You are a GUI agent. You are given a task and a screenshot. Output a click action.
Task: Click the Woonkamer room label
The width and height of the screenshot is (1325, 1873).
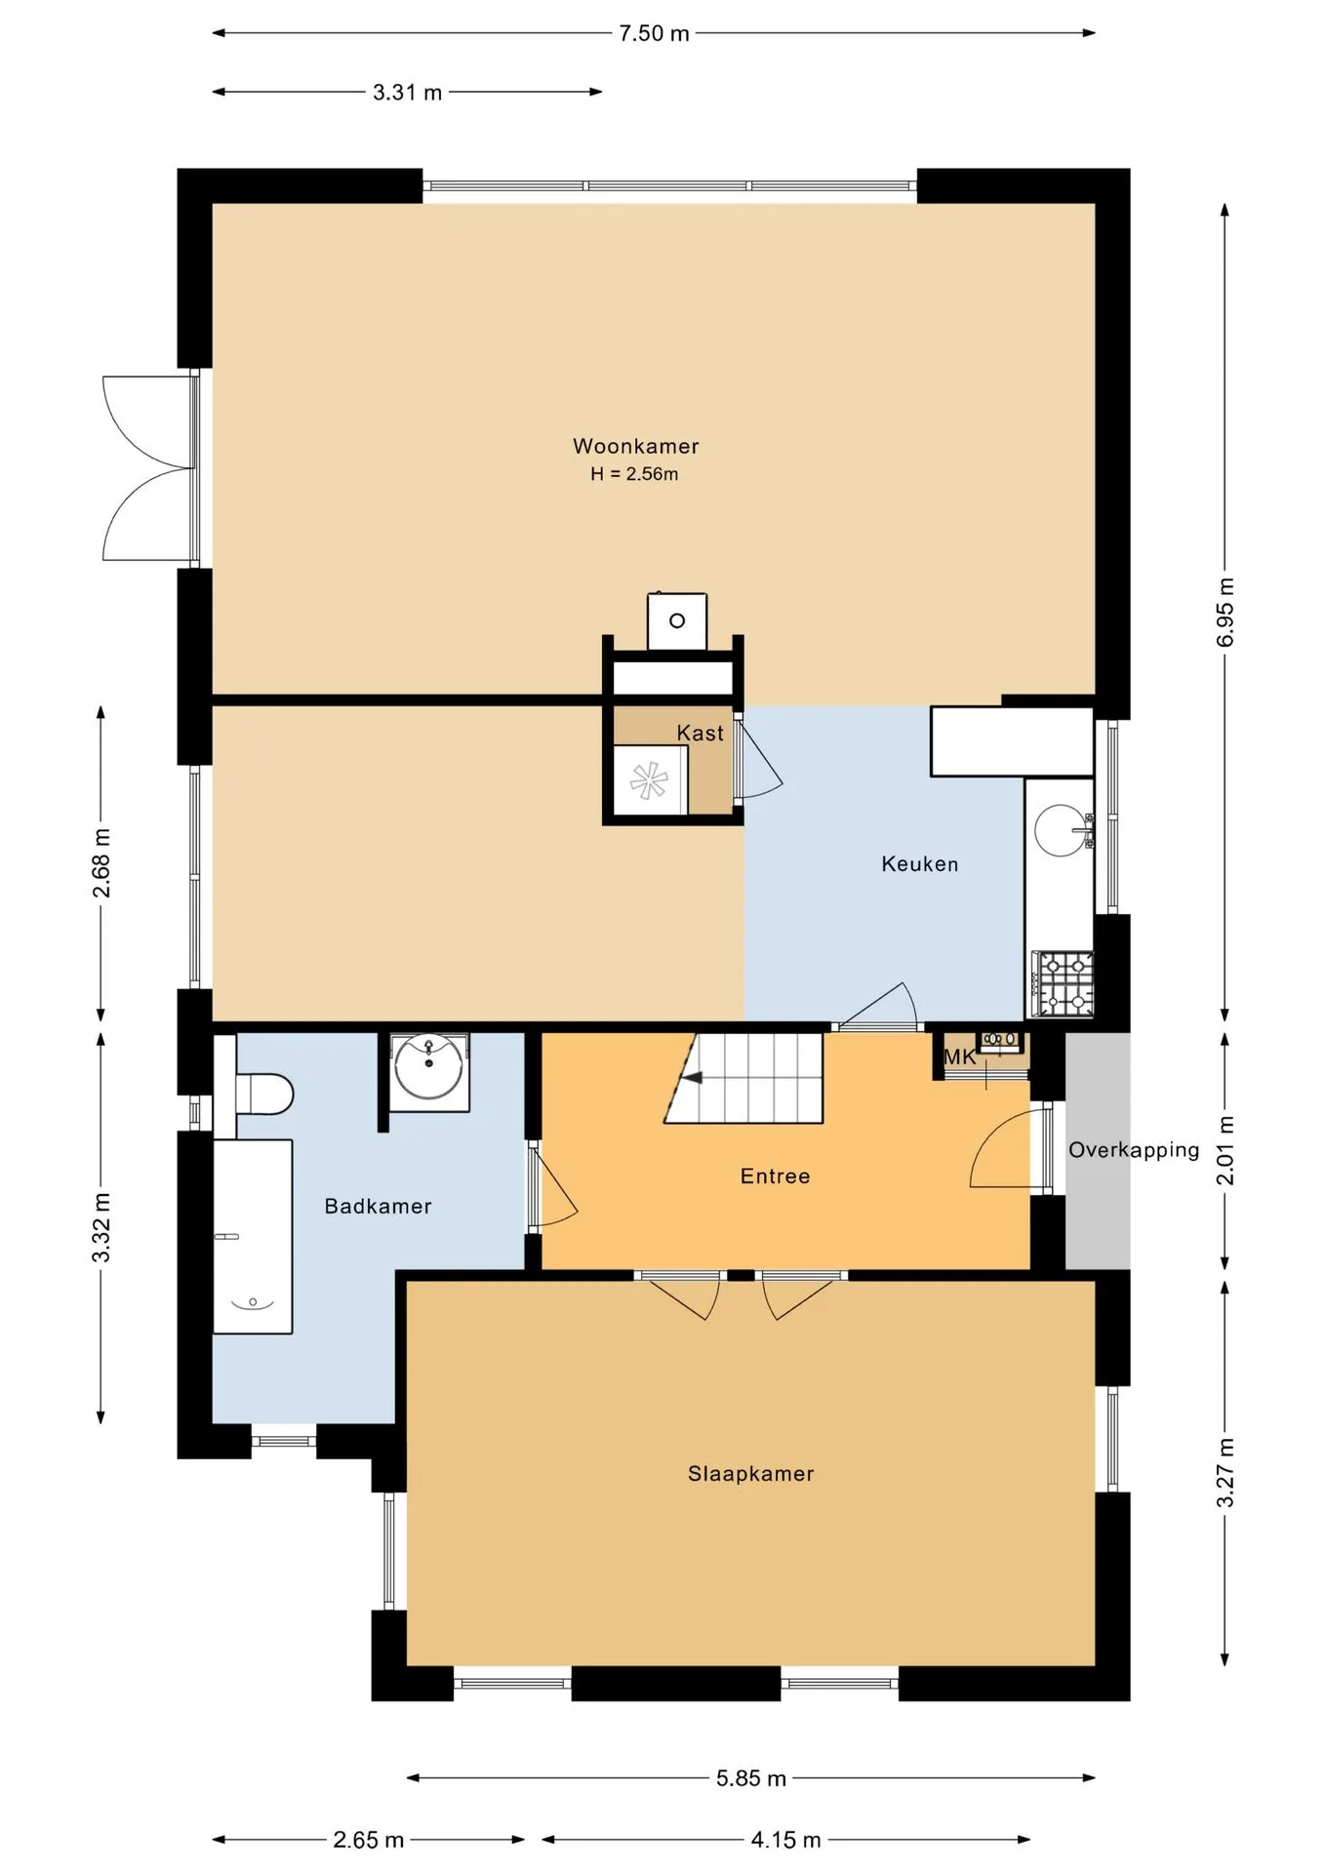coord(635,446)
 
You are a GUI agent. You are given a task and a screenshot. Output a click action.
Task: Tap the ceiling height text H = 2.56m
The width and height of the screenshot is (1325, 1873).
coord(634,474)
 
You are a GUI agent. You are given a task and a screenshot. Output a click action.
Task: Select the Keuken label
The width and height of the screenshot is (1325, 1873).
coord(919,863)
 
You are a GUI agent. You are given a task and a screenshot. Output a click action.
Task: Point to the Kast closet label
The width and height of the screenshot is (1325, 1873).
coord(701,733)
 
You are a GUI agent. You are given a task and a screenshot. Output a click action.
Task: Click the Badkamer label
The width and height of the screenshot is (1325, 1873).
coord(378,1206)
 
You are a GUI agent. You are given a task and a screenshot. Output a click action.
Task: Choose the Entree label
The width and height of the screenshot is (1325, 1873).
coord(775,1176)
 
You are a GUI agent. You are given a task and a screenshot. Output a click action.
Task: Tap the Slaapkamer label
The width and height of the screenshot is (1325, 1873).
coord(750,1473)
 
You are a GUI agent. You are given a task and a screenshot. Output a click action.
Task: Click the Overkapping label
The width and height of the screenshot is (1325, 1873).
coord(1134,1149)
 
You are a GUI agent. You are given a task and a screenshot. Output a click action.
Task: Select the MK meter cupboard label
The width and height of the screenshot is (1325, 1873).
coord(960,1056)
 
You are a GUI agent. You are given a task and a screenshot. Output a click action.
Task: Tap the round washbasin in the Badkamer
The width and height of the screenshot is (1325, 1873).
coord(429,1068)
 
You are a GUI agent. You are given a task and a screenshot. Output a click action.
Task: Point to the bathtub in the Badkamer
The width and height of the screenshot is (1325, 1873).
coord(253,1236)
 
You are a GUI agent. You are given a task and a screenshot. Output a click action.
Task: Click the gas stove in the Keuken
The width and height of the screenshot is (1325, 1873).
coord(1064,983)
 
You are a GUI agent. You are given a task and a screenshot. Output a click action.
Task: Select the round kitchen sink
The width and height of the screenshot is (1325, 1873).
coord(1061,830)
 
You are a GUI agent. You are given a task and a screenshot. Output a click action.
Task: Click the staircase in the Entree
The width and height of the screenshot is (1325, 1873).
coord(743,1077)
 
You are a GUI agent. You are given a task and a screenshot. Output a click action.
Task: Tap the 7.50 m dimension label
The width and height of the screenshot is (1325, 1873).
coord(654,33)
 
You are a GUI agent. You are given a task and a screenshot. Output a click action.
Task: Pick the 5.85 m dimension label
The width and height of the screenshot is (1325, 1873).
coord(751,1777)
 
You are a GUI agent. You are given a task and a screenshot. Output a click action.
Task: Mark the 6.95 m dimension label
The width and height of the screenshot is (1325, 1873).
coord(1225,612)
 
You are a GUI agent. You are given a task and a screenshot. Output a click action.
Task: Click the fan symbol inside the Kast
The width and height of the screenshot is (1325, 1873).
coord(649,780)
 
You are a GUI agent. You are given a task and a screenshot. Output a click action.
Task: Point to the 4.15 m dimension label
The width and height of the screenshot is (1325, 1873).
coord(785,1840)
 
